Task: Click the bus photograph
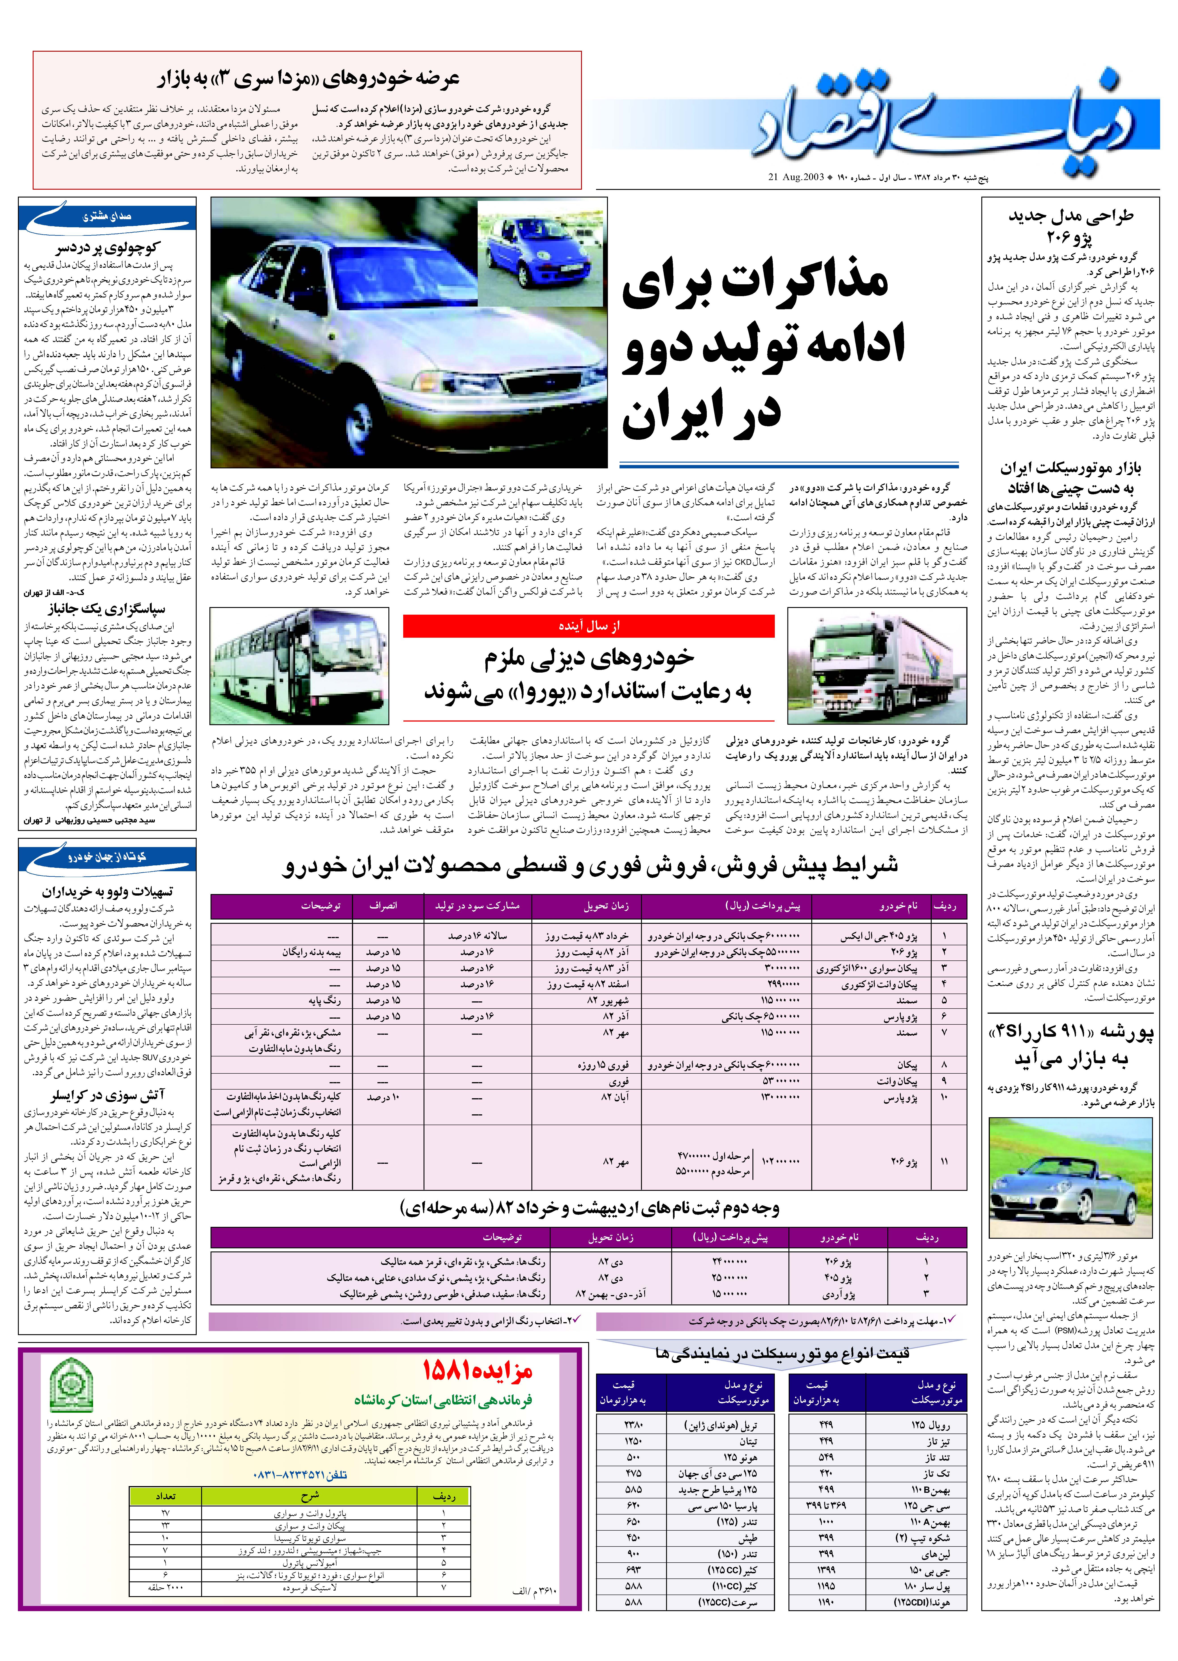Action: coord(299,666)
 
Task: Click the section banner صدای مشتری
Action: coord(107,216)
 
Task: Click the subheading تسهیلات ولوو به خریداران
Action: coord(107,892)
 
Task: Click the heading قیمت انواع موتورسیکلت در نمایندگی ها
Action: coord(782,1353)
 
